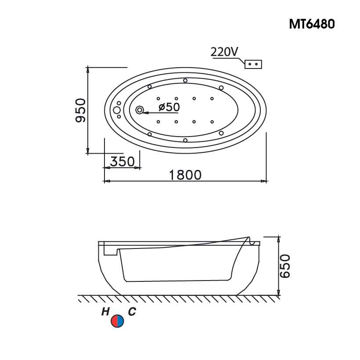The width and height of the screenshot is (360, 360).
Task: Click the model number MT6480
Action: (312, 24)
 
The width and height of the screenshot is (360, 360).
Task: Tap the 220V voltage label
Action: (224, 52)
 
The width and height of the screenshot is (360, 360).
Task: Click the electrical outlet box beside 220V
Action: (253, 64)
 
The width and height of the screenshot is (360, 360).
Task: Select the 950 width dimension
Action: (79, 110)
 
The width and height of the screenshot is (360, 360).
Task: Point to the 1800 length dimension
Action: (185, 175)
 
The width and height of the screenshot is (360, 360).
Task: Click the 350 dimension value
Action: (122, 162)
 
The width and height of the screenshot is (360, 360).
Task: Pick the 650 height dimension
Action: (285, 266)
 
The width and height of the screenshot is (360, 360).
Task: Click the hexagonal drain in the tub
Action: (140, 110)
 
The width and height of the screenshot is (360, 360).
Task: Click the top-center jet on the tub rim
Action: (185, 80)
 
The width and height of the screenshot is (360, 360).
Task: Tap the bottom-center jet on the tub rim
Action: (185, 140)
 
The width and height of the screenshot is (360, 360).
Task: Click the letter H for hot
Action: (105, 312)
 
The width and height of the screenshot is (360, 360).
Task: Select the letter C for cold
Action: (132, 312)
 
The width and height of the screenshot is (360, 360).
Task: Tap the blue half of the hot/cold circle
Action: (121, 321)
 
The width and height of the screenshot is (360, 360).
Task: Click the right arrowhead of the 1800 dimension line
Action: (264, 181)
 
